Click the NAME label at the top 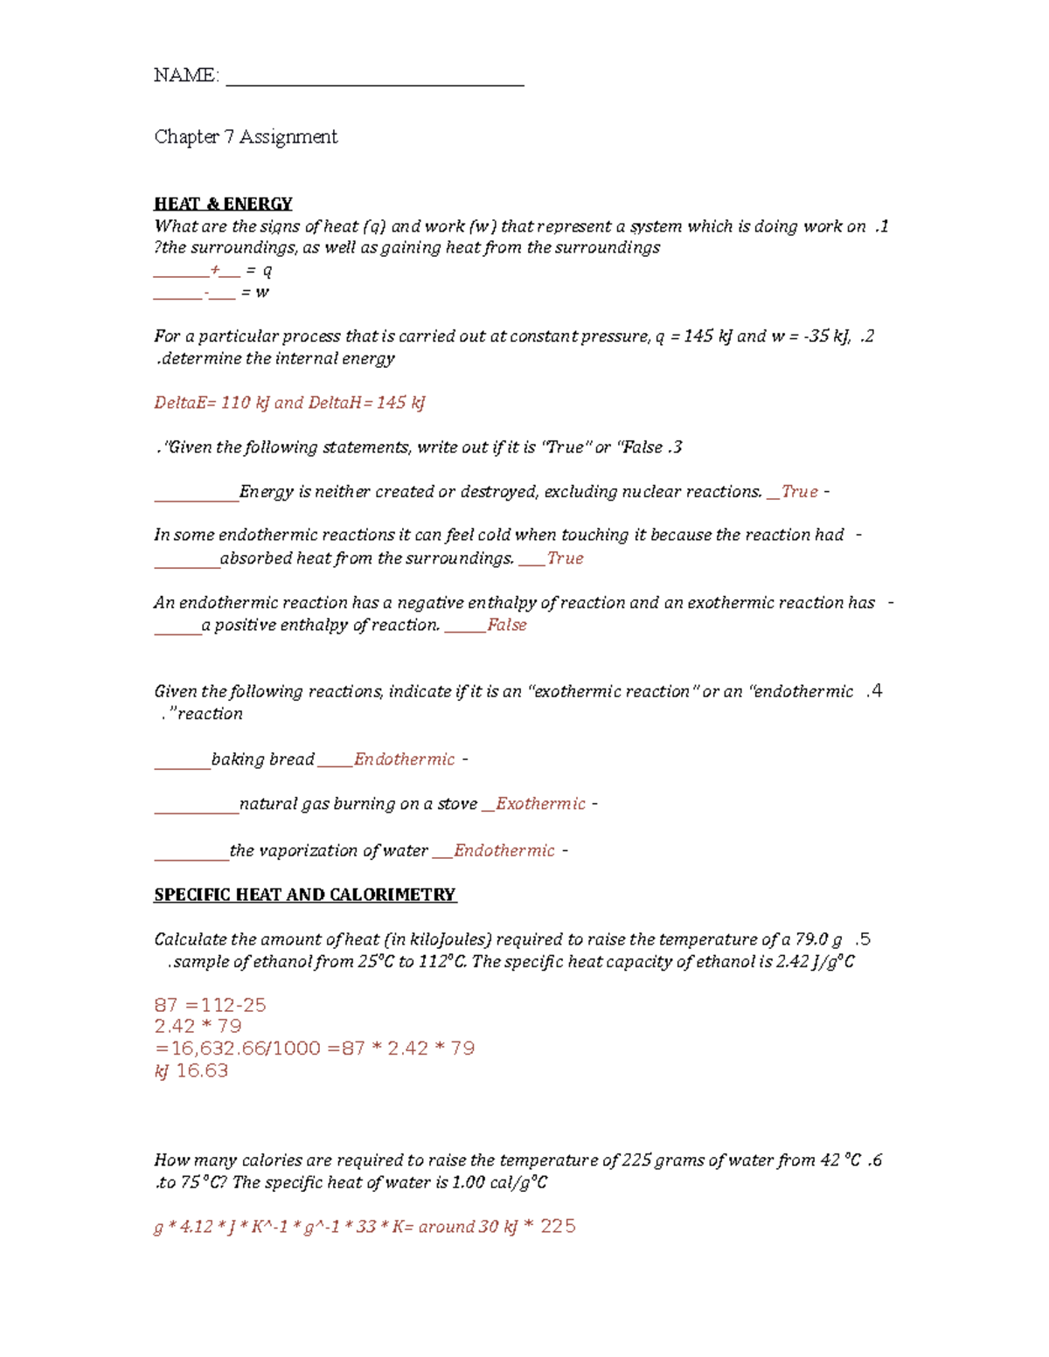pos(185,75)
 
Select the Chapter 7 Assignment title pos(246,137)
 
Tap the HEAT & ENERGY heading pos(223,204)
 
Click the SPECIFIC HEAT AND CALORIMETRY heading pos(305,895)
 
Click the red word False pos(507,625)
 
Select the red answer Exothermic pos(540,804)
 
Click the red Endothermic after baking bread pos(404,759)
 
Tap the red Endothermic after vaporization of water pos(504,851)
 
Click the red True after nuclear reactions pos(800,492)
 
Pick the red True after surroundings pos(566,558)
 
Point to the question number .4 pos(874,691)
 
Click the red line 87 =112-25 pos(210,1005)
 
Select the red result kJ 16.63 pos(191,1071)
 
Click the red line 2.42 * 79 pos(198,1026)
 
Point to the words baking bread pos(262,759)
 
